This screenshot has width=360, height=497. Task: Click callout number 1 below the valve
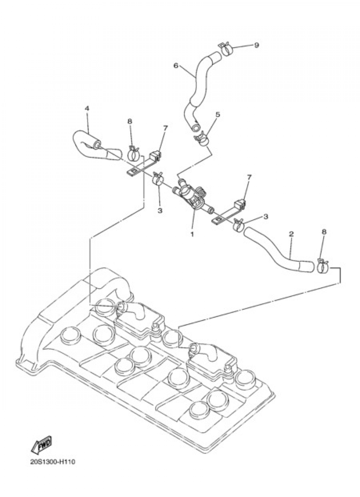pyautogui.click(x=192, y=234)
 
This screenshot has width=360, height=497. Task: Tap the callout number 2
pyautogui.click(x=291, y=234)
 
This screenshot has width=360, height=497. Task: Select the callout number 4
pyautogui.click(x=86, y=108)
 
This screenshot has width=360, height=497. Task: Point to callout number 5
pyautogui.click(x=217, y=115)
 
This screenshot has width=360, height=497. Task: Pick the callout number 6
pyautogui.click(x=176, y=66)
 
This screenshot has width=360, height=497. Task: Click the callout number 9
pyautogui.click(x=256, y=45)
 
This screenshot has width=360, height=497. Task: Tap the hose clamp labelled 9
pyautogui.click(x=227, y=49)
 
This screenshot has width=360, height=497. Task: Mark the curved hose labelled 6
pyautogui.click(x=198, y=86)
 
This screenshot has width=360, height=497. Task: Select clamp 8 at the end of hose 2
pyautogui.click(x=323, y=267)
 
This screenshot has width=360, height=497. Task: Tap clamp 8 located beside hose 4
pyautogui.click(x=134, y=153)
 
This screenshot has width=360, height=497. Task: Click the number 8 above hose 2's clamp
pyautogui.click(x=324, y=232)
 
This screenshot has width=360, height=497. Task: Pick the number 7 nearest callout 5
pyautogui.click(x=165, y=128)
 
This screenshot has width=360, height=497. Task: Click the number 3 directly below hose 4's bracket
pyautogui.click(x=160, y=210)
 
